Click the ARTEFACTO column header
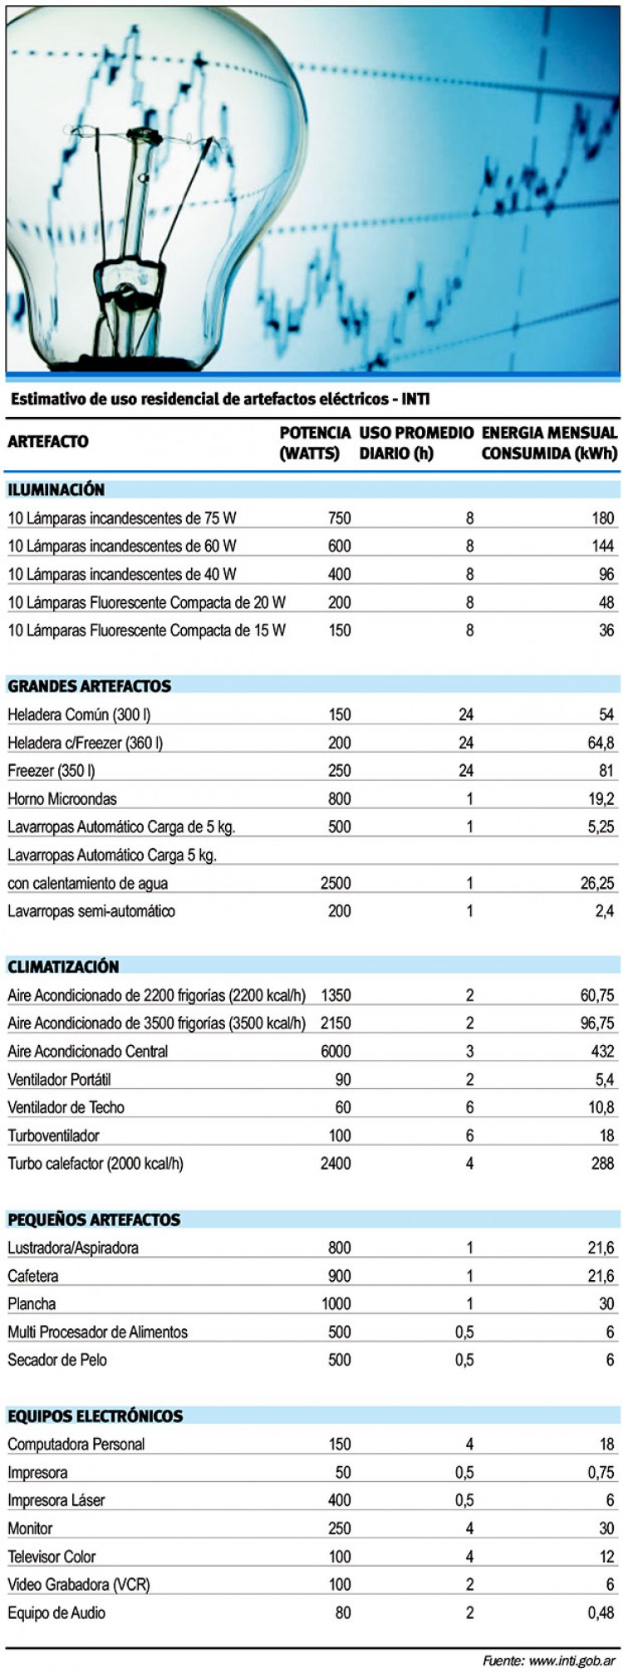coord(48,441)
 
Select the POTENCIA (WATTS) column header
coord(315,442)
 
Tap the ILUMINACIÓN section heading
coord(56,490)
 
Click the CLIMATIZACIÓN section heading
coord(63,967)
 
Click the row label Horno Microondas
coord(62,799)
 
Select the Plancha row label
coord(32,1304)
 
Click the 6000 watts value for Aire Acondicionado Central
coord(336,1052)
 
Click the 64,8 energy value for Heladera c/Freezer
coord(599,743)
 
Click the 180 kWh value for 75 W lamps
coord(601,518)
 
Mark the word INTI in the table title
coord(415,400)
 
